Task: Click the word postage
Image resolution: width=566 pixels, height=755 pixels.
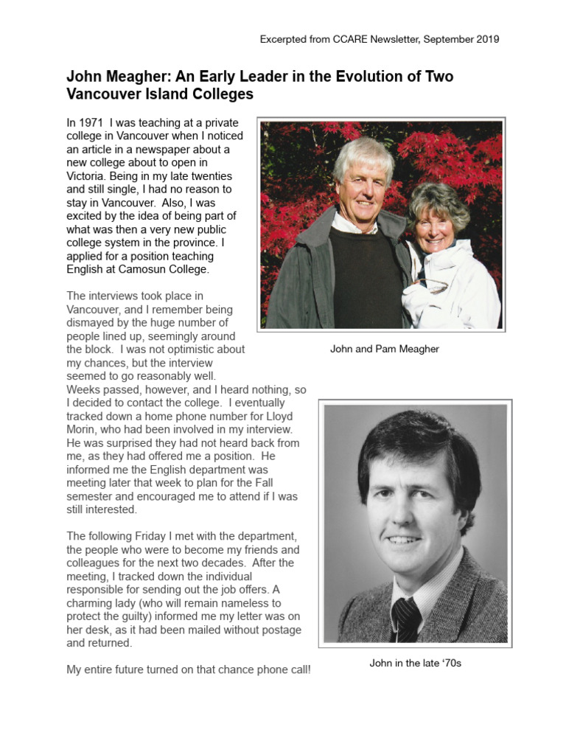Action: pyautogui.click(x=273, y=630)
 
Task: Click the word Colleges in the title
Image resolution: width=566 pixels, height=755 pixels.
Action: pyautogui.click(x=221, y=94)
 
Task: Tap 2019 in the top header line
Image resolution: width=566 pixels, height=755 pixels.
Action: pyautogui.click(x=487, y=39)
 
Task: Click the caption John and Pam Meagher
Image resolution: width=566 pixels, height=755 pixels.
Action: pyautogui.click(x=384, y=349)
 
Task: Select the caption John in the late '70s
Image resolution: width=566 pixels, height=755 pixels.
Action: pyautogui.click(x=415, y=663)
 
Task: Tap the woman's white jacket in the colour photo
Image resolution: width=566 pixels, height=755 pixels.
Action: pyautogui.click(x=450, y=288)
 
